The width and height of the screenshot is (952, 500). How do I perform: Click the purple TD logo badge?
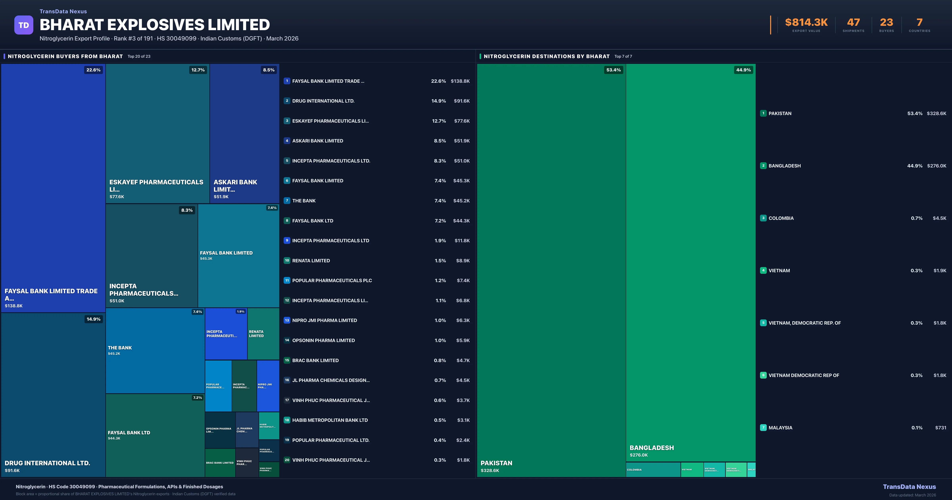[24, 25]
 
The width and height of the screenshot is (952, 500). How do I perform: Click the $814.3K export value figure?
[806, 23]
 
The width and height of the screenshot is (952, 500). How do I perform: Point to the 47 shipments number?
[853, 23]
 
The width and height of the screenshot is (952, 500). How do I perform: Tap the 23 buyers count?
[886, 23]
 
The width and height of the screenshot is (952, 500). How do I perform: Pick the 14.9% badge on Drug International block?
[93, 319]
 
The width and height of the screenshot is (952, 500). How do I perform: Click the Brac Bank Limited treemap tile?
[220, 463]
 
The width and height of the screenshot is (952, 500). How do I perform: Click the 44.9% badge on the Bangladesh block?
[743, 70]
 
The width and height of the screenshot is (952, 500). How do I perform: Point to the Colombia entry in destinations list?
[781, 218]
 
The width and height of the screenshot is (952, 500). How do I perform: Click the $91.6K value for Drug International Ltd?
[462, 101]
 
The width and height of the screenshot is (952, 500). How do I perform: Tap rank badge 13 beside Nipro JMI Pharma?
[287, 320]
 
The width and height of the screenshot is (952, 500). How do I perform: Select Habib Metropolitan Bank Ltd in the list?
[330, 420]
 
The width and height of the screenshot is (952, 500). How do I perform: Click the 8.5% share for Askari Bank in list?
[440, 141]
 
